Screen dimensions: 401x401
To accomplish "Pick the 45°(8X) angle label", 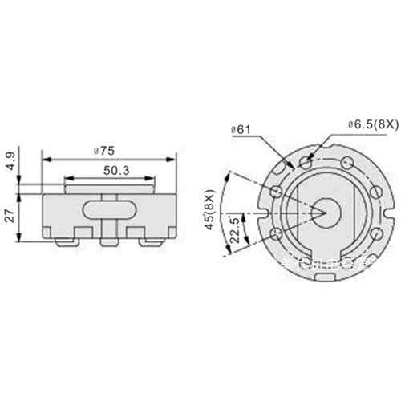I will pyautogui.click(x=210, y=210).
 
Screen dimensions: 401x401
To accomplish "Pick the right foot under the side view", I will pyautogui.click(x=149, y=240).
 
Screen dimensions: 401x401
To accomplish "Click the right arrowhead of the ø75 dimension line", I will pyautogui.click(x=173, y=157).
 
